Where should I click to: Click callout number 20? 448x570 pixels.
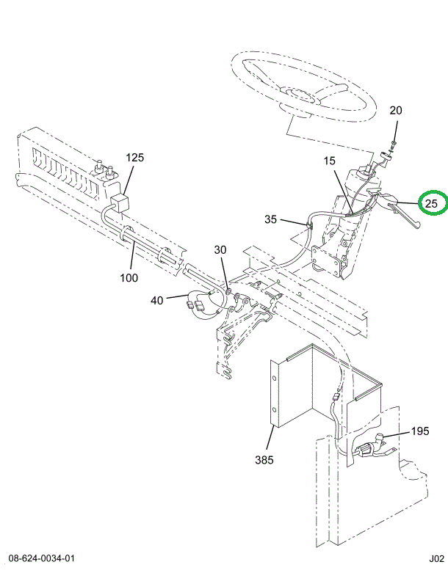(396, 112)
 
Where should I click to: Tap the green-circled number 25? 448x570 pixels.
(431, 202)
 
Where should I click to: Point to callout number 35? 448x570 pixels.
(272, 219)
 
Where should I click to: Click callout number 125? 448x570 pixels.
(135, 158)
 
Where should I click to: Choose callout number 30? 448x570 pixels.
(221, 250)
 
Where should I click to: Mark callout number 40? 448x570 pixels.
(158, 299)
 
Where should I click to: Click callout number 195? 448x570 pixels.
(419, 431)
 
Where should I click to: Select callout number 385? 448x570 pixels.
(264, 461)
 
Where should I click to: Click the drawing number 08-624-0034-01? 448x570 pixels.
(43, 558)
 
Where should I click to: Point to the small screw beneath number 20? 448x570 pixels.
(394, 143)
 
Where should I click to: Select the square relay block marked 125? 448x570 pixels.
(119, 203)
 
